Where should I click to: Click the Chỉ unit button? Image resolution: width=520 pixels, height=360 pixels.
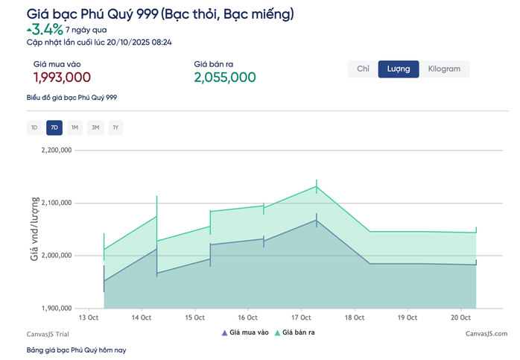[x=363, y=69]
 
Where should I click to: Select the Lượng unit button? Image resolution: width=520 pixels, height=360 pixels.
[x=399, y=69]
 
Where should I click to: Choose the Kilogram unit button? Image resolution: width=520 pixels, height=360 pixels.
[x=444, y=69]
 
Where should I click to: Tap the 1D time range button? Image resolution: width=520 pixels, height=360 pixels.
[x=34, y=127]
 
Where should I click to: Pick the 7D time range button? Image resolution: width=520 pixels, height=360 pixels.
[x=54, y=127]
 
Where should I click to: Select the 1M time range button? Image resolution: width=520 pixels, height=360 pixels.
[x=74, y=127]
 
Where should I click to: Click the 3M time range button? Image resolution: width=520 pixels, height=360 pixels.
[x=95, y=127]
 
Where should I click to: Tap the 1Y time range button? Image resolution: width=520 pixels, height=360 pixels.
[x=115, y=127]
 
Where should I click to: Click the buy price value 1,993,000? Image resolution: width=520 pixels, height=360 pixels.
[x=62, y=78]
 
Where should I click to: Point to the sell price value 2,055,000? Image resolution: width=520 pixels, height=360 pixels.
[x=225, y=78]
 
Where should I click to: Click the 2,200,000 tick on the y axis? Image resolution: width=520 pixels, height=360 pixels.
[x=55, y=150]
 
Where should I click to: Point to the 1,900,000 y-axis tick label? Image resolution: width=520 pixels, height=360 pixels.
[x=55, y=308]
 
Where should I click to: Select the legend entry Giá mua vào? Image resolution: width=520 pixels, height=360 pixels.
[x=245, y=332]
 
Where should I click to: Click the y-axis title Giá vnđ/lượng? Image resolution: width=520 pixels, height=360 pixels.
[x=34, y=229]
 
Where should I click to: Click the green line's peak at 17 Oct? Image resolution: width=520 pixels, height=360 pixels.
[x=317, y=186]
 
